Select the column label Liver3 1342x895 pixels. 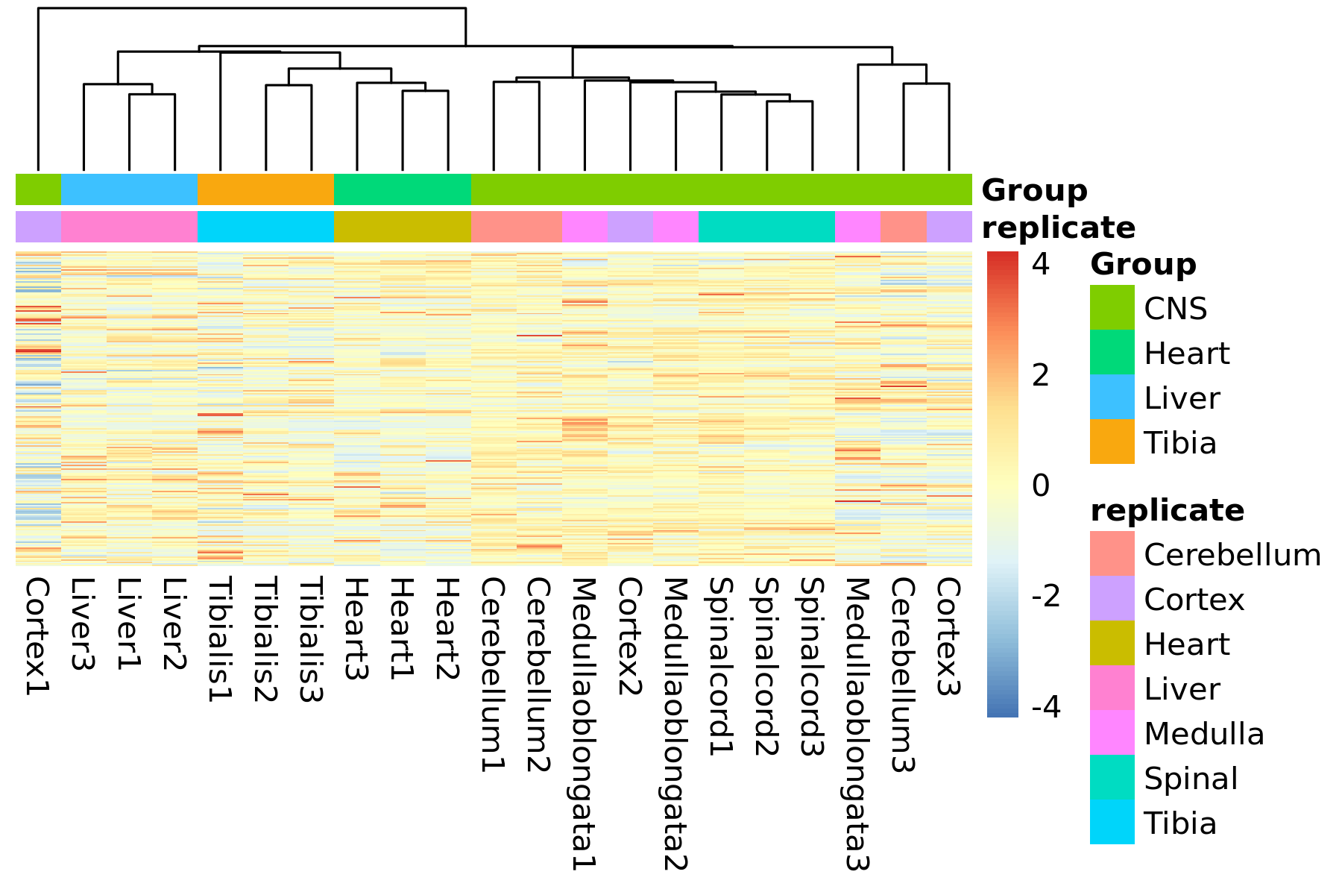[84, 624]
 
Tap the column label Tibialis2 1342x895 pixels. [265, 639]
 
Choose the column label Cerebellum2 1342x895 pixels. [538, 675]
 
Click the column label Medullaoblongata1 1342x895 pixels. [584, 724]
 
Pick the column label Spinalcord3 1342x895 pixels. [811, 667]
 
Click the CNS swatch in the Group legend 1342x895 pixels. [1112, 307]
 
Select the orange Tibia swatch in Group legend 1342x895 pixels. [1112, 442]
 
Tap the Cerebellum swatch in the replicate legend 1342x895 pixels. [1112, 553]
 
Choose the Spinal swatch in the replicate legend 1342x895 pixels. [1112, 777]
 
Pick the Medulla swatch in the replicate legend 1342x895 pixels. [1112, 732]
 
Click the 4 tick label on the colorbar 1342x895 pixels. [1041, 264]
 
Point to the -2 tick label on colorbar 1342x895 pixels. [1046, 596]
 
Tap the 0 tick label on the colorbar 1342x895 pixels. [1041, 486]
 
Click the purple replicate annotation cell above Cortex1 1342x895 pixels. [38, 227]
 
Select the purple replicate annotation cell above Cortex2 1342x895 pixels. [630, 227]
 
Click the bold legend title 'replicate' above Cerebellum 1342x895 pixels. [1167, 511]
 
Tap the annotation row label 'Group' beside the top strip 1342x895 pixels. [1035, 190]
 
